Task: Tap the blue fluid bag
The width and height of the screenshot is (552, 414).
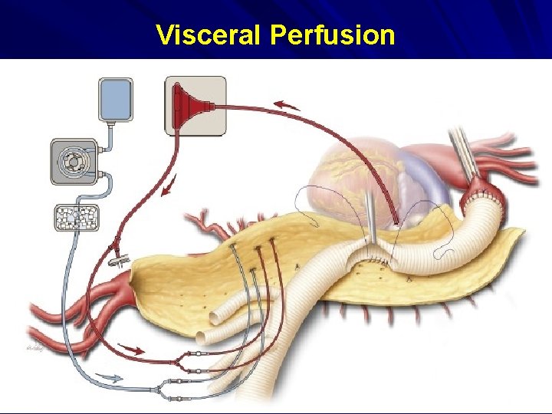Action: (x=116, y=99)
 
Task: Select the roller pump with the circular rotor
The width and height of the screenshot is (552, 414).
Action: (x=74, y=162)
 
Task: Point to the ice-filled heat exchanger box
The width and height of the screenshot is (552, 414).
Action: (x=75, y=219)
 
